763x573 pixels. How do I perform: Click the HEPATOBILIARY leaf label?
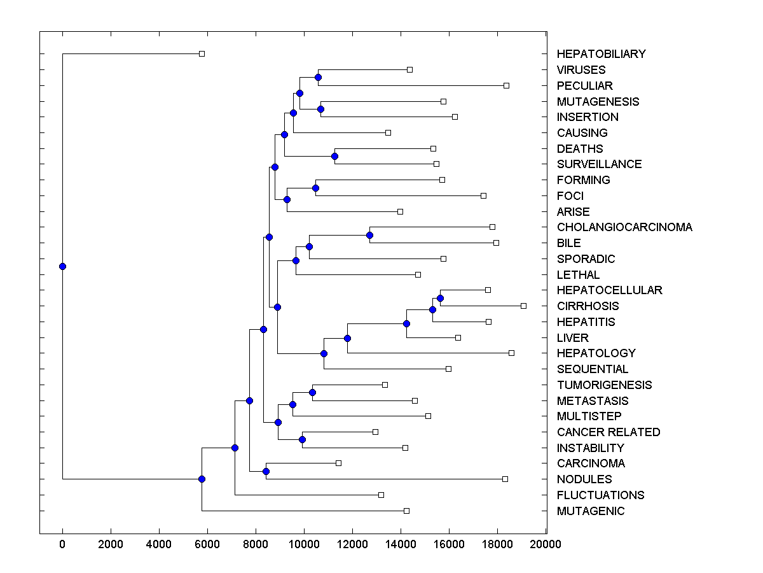point(601,54)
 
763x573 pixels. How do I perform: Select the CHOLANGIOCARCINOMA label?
point(624,227)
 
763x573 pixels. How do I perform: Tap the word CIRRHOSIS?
point(588,306)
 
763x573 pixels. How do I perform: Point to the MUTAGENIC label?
point(591,511)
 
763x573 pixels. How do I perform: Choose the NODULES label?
point(584,479)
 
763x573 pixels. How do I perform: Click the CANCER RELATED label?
point(608,432)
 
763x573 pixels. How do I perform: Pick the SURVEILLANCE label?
point(599,164)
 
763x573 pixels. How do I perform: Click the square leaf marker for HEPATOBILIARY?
point(202,53)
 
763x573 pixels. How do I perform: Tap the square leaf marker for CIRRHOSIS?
point(523,306)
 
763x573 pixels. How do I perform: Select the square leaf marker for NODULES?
point(505,479)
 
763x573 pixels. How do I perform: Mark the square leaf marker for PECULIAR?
point(506,85)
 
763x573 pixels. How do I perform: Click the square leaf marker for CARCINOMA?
point(338,463)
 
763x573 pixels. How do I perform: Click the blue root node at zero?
point(62,266)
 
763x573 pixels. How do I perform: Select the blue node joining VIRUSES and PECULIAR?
point(318,77)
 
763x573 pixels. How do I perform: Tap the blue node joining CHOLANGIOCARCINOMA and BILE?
point(369,235)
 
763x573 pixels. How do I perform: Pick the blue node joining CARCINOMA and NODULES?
point(266,471)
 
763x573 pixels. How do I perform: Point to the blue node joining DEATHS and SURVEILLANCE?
point(334,156)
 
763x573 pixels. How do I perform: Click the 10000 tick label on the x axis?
point(304,544)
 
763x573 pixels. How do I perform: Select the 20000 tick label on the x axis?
point(546,544)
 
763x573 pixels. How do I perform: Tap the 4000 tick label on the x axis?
point(159,544)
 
